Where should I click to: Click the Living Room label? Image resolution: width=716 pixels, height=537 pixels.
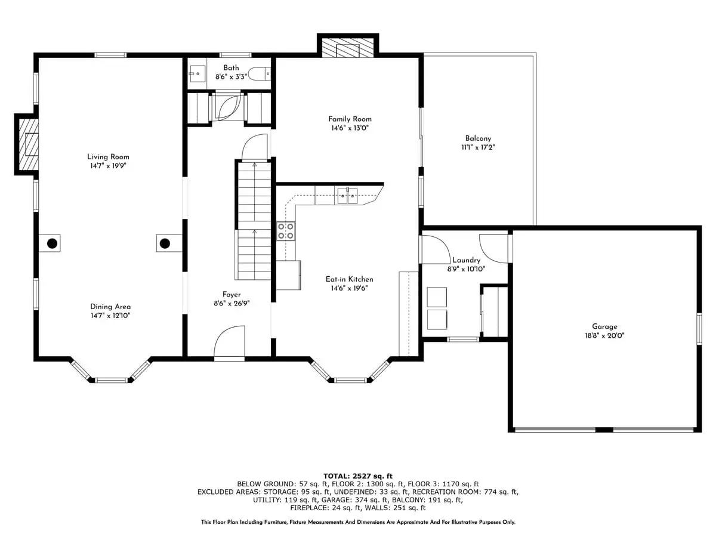coord(108,156)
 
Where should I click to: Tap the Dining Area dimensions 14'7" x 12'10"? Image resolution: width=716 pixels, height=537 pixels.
coord(110,316)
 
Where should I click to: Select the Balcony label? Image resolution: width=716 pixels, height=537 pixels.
coord(478,138)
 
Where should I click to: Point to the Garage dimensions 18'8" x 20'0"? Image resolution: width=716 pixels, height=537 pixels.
coord(604,335)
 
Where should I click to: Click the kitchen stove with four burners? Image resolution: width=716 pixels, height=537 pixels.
coord(286,231)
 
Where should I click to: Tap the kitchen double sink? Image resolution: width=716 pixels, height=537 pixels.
coord(347,196)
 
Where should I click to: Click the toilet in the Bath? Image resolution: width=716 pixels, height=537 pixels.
coord(260,74)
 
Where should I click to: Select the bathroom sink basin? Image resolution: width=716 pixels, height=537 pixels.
coord(197,74)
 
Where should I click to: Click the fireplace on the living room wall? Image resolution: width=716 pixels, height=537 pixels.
coord(29,144)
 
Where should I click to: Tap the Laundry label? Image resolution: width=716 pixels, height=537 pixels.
coord(466,260)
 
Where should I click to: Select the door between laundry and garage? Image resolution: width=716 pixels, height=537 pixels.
coord(493,248)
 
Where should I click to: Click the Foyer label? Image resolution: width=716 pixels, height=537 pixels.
coord(232,295)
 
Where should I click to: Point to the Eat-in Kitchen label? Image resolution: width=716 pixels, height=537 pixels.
coord(350,279)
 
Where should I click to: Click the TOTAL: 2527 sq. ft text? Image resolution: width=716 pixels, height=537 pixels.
coord(358,476)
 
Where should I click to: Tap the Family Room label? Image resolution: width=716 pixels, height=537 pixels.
coord(350,119)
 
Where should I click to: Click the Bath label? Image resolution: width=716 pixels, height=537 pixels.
coord(231,68)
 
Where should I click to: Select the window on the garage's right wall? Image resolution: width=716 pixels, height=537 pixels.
coord(699,329)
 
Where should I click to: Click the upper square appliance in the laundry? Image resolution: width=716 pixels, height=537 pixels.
coord(437,297)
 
